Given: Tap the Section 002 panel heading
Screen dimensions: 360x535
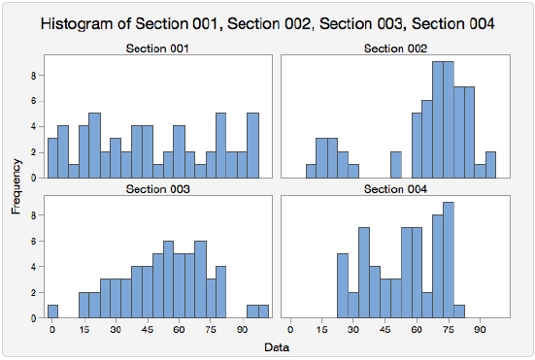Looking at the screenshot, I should pyautogui.click(x=394, y=49).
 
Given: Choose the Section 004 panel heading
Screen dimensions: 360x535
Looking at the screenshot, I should pyautogui.click(x=394, y=188).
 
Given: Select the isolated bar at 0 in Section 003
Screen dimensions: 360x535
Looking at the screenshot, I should pyautogui.click(x=52, y=311).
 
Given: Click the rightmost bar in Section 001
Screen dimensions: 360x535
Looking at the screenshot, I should pyautogui.click(x=253, y=146).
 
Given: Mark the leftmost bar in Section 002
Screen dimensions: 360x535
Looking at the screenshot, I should pyautogui.click(x=311, y=171).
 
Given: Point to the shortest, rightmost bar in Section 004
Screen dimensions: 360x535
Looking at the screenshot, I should pyautogui.click(x=459, y=311).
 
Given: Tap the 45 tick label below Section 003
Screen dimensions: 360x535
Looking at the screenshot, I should pyautogui.click(x=148, y=329).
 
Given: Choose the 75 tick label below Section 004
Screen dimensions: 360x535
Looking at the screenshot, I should pyautogui.click(x=449, y=329).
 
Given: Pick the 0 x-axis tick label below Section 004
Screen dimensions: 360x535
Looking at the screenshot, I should pyautogui.click(x=290, y=329).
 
